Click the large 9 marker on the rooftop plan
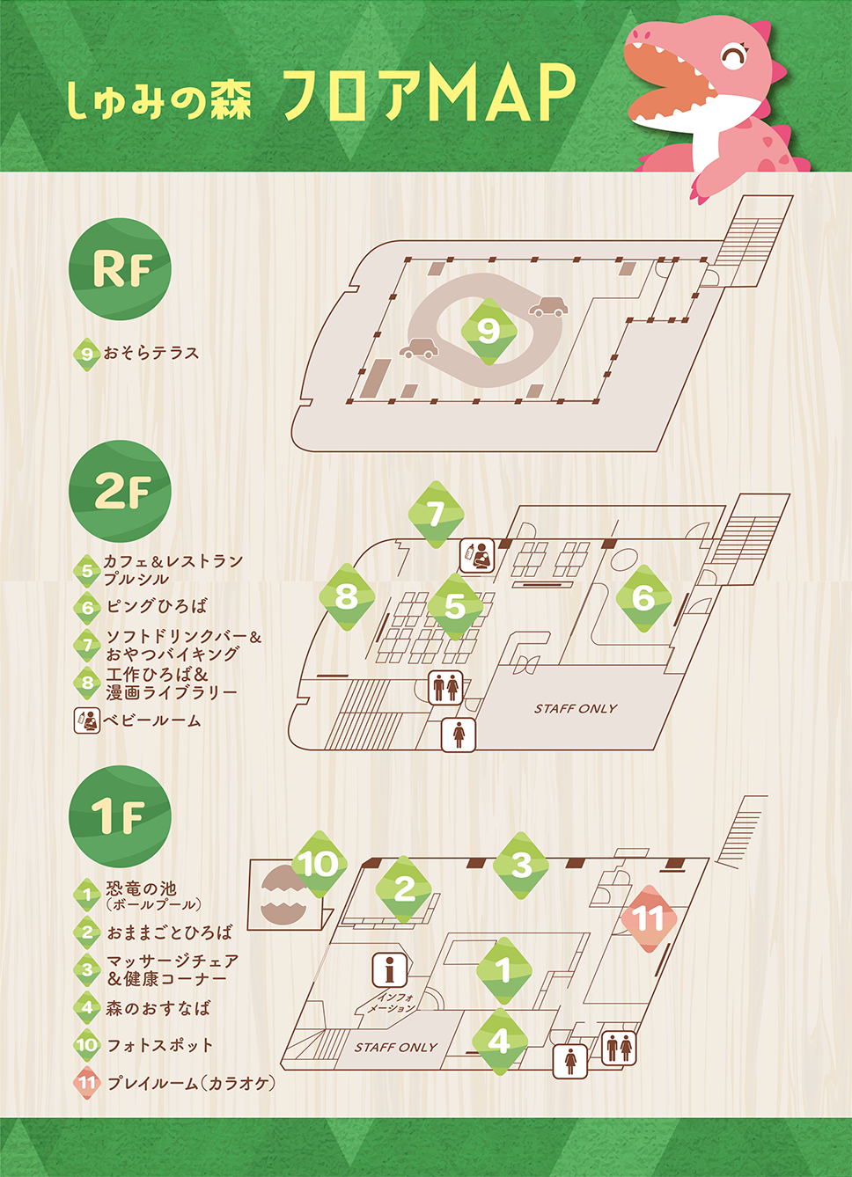[x=488, y=331]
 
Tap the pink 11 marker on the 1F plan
[x=649, y=918]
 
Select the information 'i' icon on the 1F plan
[x=389, y=969]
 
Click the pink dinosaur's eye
[x=732, y=58]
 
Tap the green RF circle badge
[x=120, y=269]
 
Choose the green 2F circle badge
[x=120, y=491]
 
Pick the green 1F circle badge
[x=120, y=815]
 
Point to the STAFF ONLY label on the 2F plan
[x=576, y=708]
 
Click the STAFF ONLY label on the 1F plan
[x=396, y=1047]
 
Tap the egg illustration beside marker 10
[x=283, y=895]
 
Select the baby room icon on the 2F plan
[x=477, y=556]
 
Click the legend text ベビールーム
[x=152, y=720]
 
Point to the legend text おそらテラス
[x=151, y=353]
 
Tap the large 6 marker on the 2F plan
[x=643, y=598]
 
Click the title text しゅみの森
[x=159, y=100]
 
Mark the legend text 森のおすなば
[x=158, y=1008]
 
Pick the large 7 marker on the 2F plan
[x=436, y=514]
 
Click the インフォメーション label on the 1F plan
[x=391, y=1003]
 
